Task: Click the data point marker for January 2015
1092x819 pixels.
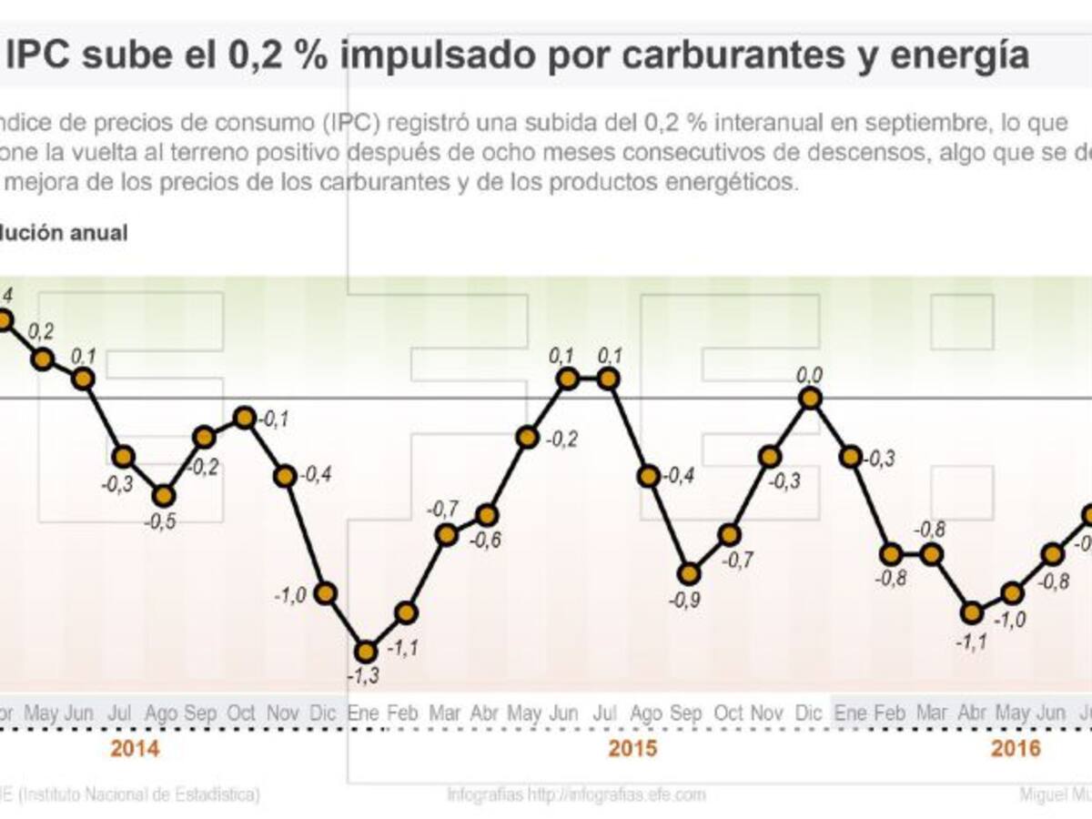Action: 366,652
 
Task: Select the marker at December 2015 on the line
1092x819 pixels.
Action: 810,398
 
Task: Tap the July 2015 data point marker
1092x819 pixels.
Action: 608,379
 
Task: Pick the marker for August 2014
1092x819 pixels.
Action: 164,495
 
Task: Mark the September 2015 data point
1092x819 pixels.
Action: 689,573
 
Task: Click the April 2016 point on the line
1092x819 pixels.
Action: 972,612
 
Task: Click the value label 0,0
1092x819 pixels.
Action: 809,373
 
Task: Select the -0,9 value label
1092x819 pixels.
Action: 689,601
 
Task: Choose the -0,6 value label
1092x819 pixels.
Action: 486,540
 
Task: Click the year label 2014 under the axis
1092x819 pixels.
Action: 135,750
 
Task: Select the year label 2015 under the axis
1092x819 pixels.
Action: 632,750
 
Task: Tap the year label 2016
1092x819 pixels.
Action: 1016,750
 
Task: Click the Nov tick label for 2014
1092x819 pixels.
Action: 284,713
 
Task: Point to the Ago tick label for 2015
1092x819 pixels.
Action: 647,713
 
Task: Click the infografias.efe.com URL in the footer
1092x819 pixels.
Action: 619,794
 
